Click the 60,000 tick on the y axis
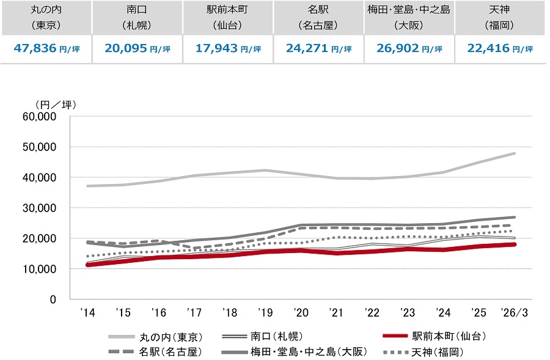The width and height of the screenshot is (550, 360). (39, 116)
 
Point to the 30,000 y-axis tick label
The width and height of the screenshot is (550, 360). (39, 208)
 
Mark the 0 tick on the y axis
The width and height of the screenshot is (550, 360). (53, 299)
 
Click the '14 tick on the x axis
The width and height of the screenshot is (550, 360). (87, 313)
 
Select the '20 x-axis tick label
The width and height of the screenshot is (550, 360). (301, 313)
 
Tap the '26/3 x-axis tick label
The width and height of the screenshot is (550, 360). (515, 313)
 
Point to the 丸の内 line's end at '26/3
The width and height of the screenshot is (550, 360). (515, 153)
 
